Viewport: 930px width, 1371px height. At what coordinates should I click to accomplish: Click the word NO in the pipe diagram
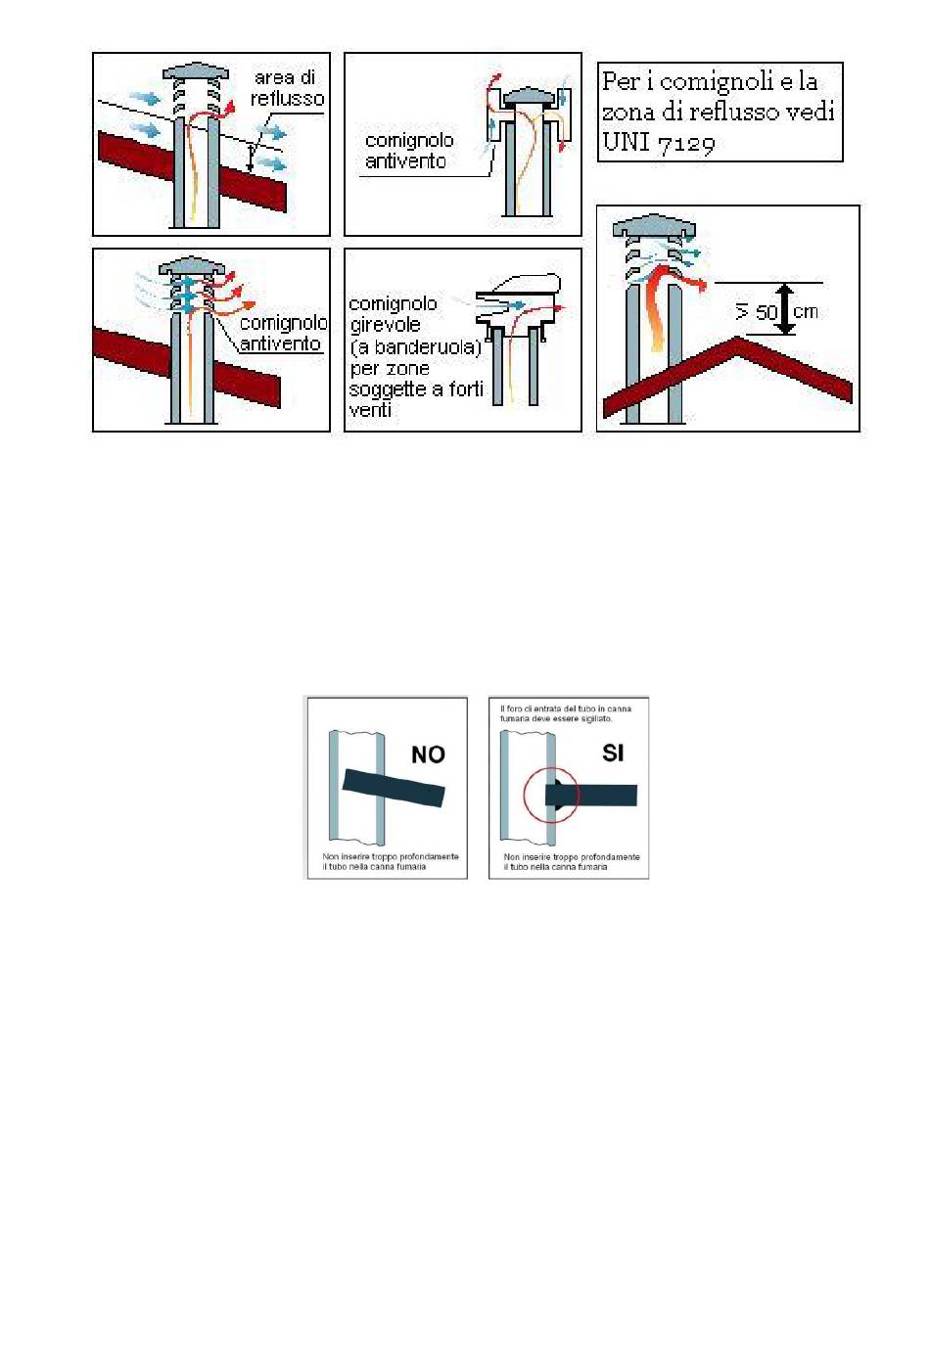coord(428,754)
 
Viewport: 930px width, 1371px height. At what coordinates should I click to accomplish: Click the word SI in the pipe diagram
coord(613,753)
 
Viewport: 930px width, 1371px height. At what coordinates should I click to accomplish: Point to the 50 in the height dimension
coord(766,313)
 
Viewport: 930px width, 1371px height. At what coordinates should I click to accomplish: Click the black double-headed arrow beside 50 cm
coord(786,309)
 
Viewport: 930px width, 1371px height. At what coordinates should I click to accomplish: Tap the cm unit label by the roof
coord(806,312)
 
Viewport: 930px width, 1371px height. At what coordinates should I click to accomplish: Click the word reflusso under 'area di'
coord(287,99)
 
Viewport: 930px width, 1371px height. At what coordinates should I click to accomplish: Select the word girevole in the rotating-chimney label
coord(385,324)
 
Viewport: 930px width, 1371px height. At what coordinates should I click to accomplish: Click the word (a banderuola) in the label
coord(416,347)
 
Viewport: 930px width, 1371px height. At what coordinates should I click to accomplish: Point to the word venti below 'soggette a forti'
coord(370,410)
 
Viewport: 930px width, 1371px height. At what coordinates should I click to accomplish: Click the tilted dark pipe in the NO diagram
coord(394,788)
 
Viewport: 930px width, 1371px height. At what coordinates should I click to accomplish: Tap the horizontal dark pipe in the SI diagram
coord(591,795)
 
